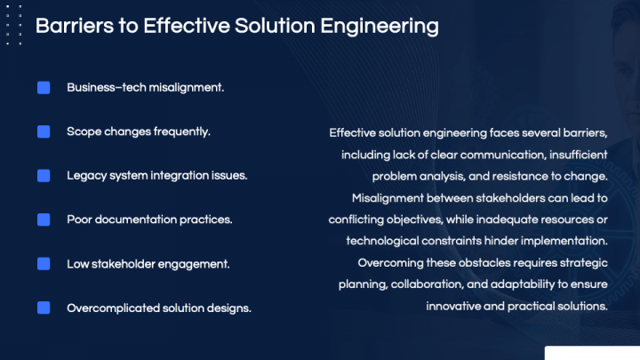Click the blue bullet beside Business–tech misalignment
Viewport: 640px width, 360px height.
click(x=44, y=88)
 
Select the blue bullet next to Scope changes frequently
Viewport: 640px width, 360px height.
click(x=44, y=132)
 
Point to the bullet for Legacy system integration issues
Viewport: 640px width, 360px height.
click(x=44, y=175)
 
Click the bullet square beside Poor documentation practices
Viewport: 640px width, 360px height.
click(x=44, y=220)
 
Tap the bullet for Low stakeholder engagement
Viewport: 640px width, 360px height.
click(x=44, y=263)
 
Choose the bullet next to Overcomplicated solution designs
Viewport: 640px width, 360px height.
click(x=44, y=308)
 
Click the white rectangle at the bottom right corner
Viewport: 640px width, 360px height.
click(x=591, y=353)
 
